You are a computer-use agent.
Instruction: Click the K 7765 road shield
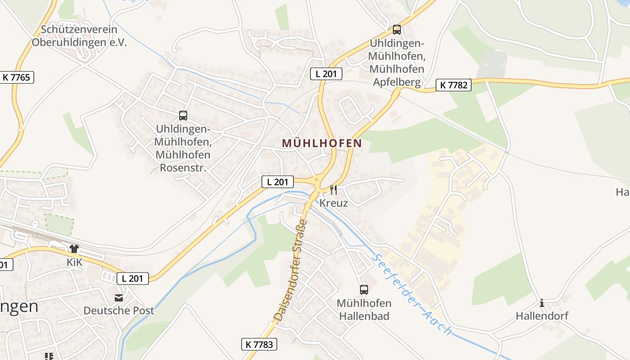click(x=16, y=77)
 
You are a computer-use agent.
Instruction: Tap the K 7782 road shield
click(x=453, y=85)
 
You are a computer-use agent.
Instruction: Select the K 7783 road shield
click(x=259, y=345)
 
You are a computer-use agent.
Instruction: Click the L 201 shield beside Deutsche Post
click(x=132, y=279)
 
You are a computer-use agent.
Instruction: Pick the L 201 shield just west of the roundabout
click(x=277, y=182)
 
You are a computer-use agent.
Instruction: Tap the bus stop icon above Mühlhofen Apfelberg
click(x=396, y=30)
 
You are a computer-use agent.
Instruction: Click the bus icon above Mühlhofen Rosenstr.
click(x=183, y=116)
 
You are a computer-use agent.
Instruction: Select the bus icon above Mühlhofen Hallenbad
click(x=364, y=290)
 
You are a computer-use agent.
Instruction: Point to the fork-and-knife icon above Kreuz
click(x=333, y=190)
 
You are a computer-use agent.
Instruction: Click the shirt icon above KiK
click(x=74, y=249)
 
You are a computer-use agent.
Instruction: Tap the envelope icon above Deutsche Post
click(x=119, y=297)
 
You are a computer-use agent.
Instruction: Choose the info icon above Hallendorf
click(x=542, y=303)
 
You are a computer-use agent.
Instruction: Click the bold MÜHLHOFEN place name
click(x=322, y=143)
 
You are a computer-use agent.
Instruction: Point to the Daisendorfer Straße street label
click(x=291, y=270)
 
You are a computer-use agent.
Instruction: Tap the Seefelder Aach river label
click(x=411, y=295)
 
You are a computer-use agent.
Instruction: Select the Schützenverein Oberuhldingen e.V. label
click(x=79, y=36)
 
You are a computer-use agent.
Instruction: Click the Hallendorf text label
click(x=542, y=316)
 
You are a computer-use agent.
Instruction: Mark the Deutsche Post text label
click(x=119, y=310)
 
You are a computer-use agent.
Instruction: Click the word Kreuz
click(x=333, y=203)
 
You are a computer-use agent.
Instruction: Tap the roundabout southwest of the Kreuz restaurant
click(x=317, y=182)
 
